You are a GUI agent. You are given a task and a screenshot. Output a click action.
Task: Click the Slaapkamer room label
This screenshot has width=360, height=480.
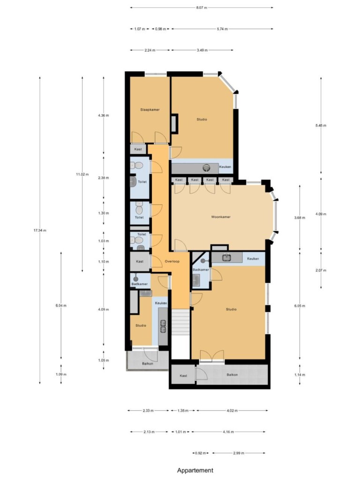[150, 110]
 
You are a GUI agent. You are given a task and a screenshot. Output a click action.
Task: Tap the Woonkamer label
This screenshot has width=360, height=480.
[221, 217]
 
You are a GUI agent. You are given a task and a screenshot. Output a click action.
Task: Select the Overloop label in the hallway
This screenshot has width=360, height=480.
[172, 262]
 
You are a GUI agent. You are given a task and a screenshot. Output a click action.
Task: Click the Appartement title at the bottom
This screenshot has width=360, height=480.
[195, 470]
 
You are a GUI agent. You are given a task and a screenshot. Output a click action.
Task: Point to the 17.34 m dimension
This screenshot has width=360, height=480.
[40, 230]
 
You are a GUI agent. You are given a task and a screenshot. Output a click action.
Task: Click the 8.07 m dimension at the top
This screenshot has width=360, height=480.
[202, 7]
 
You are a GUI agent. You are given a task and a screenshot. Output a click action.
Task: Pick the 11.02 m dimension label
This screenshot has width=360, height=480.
[82, 174]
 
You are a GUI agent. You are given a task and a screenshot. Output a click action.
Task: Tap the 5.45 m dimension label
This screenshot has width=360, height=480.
[321, 125]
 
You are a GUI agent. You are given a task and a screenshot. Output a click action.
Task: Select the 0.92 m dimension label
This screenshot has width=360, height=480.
[201, 453]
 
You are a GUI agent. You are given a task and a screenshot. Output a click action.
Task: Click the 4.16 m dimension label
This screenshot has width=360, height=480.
[228, 432]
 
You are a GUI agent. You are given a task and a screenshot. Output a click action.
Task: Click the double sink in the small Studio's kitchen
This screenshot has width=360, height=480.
[163, 326]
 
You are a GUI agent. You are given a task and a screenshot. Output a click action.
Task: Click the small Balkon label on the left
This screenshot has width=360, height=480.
[148, 364]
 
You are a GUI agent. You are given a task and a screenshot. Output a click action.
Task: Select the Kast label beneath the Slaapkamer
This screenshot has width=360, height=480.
[138, 150]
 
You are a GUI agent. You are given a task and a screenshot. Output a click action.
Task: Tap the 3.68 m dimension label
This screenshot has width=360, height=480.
[300, 217]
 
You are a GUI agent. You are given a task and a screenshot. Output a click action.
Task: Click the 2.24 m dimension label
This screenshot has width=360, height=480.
[150, 50]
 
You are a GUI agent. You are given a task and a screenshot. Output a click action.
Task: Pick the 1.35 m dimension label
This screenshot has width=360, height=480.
[183, 411]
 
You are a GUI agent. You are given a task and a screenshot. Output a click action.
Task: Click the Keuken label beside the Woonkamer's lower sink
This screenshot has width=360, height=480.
[253, 259]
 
